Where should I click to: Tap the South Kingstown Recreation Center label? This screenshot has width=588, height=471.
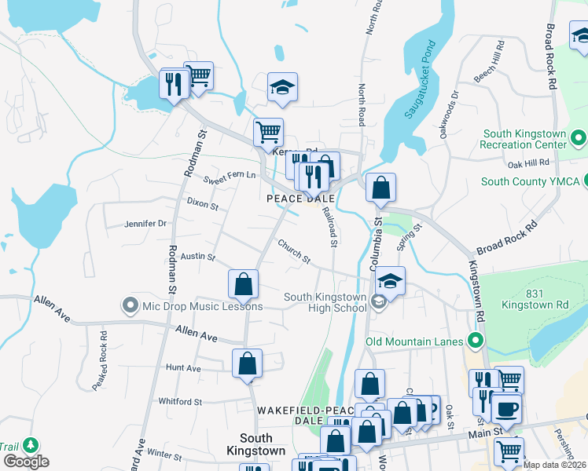pyautogui.click(x=524, y=140)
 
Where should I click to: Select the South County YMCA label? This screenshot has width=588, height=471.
pyautogui.click(x=531, y=182)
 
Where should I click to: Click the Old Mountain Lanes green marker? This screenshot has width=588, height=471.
pyautogui.click(x=475, y=341)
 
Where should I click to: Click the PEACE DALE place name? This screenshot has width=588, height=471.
pyautogui.click(x=301, y=199)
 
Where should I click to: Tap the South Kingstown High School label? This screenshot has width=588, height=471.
pyautogui.click(x=325, y=302)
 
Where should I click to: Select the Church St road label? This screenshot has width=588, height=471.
pyautogui.click(x=294, y=251)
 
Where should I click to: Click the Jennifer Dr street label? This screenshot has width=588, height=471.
pyautogui.click(x=145, y=224)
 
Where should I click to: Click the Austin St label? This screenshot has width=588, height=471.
pyautogui.click(x=192, y=256)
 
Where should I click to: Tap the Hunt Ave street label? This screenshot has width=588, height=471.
pyautogui.click(x=183, y=367)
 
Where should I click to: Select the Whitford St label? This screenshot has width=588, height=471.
pyautogui.click(x=180, y=402)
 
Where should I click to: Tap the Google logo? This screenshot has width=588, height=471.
pyautogui.click(x=26, y=461)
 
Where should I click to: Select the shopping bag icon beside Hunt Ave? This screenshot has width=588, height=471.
pyautogui.click(x=247, y=363)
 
